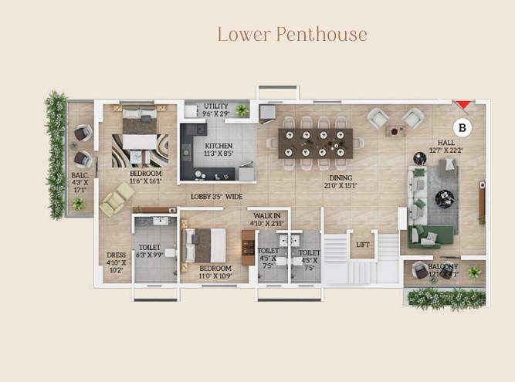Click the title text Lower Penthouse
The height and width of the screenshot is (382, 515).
click(x=292, y=35)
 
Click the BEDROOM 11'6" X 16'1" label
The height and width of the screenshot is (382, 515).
click(x=145, y=178)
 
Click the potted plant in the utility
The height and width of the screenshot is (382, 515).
click(x=242, y=110)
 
